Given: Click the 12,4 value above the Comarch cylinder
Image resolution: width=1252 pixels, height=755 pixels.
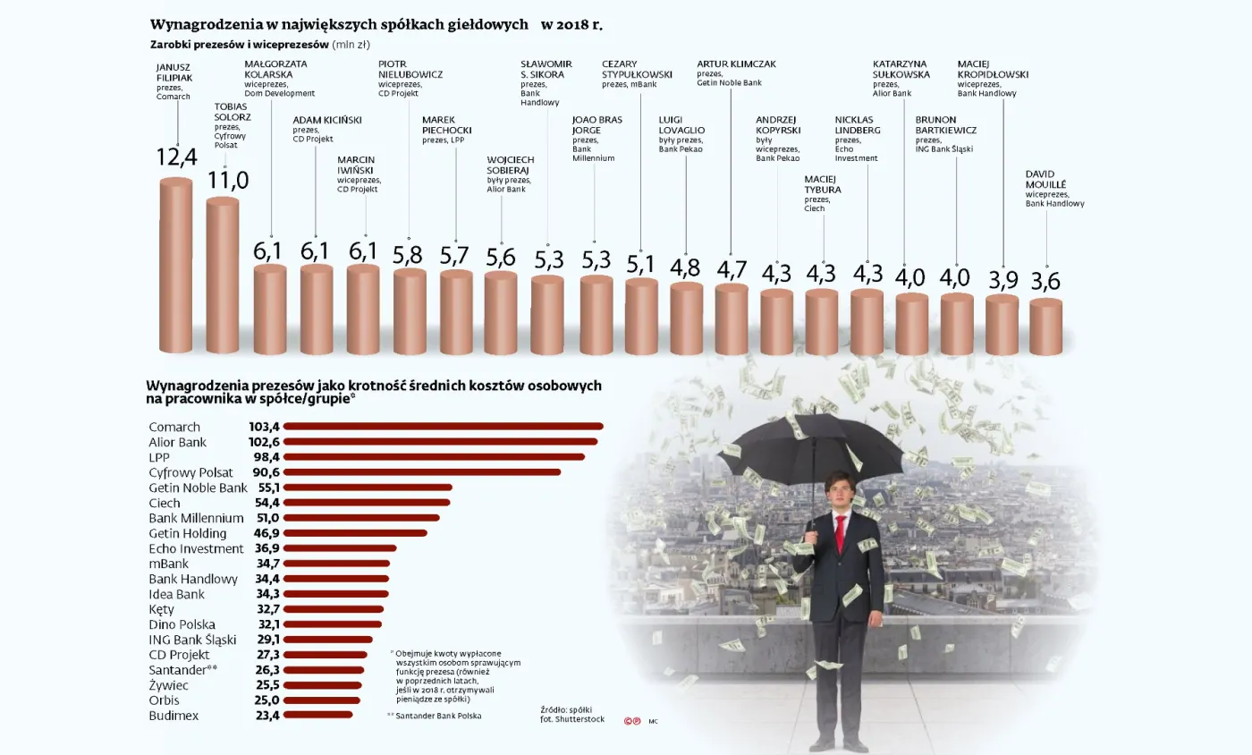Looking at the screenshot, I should pos(176,157).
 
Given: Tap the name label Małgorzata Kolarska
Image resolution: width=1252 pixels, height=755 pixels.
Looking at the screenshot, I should pos(275,69).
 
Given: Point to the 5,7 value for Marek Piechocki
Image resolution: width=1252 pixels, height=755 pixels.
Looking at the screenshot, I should pos(455,256).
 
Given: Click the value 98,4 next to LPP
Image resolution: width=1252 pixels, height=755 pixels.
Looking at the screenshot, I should pos(265,457).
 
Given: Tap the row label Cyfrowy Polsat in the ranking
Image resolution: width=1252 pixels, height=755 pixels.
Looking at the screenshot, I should pos(190,472).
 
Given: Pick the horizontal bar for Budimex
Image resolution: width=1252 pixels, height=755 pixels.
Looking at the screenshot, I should pos(318,716).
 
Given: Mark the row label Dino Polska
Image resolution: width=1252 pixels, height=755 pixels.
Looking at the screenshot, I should pos(182,624).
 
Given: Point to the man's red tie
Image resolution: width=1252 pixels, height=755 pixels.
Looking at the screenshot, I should pos(840,532).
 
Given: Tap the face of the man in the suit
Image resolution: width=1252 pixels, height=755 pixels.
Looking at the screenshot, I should pos(838,491).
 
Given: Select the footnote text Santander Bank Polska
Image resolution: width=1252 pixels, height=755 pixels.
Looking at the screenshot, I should pos(437,717).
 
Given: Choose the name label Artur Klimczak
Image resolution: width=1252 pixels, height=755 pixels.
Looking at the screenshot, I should pos(736,64).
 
